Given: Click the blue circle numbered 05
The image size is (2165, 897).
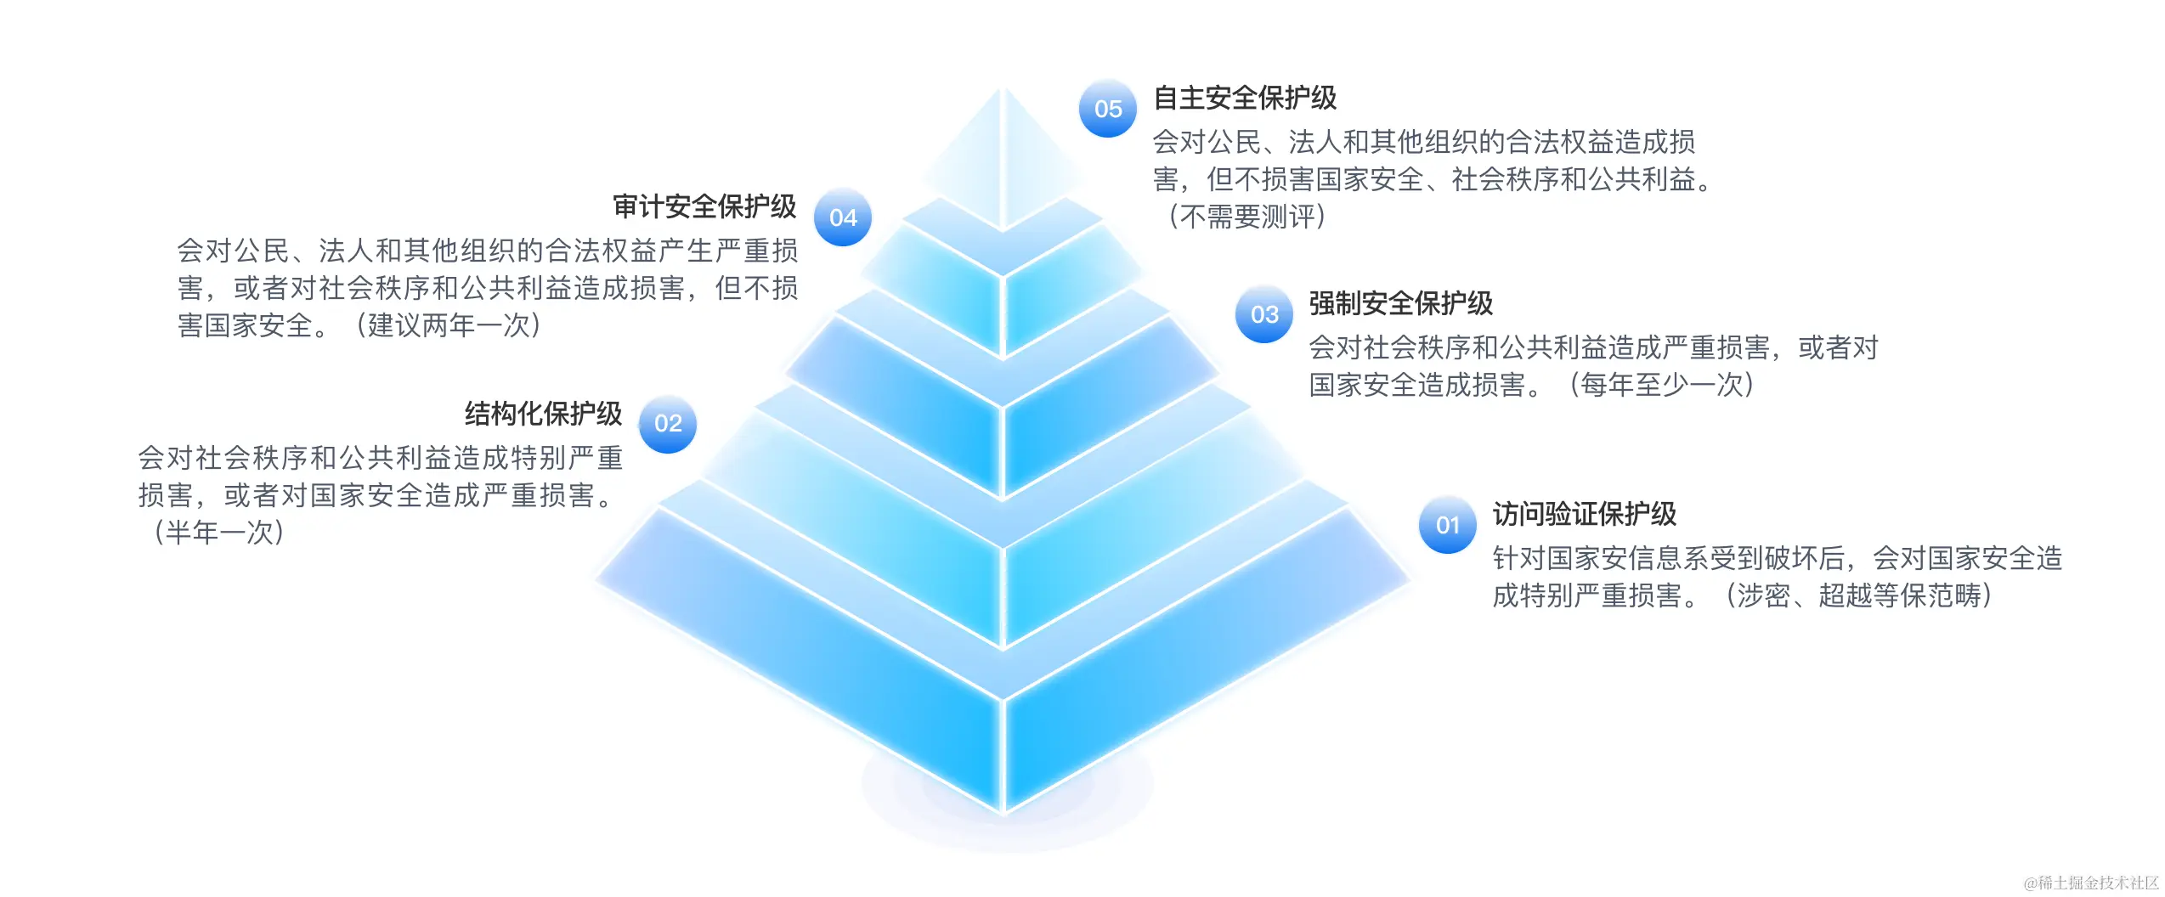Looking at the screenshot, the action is [1107, 109].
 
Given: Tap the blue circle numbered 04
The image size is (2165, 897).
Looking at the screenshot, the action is [842, 217].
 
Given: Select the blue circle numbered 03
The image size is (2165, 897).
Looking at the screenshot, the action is [1263, 314].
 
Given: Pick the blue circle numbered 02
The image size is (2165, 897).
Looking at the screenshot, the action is [668, 423].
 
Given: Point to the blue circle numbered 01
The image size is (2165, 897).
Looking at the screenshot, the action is [1447, 525].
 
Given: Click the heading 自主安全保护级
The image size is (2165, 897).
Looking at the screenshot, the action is [1244, 98].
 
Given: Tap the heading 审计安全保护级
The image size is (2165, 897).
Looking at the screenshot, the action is [704, 206].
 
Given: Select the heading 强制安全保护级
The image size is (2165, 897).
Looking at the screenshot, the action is [1400, 303].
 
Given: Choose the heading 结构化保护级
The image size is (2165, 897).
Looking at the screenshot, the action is [543, 414].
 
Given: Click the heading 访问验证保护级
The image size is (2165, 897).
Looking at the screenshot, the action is [1584, 514].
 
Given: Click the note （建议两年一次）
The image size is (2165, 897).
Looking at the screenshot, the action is [447, 325].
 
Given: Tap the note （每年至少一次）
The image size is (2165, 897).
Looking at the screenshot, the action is [1661, 385].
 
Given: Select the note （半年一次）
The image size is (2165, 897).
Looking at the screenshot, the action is [218, 533].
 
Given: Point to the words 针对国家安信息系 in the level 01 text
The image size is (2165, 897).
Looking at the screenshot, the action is [1602, 558].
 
